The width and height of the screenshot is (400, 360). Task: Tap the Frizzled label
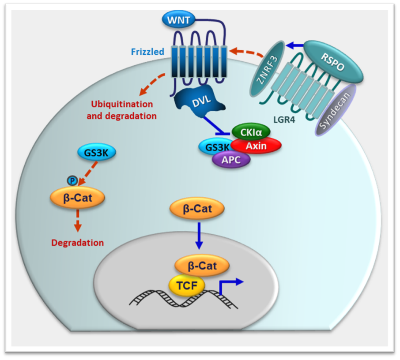tap(147, 52)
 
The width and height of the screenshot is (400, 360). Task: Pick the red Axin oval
tap(256, 146)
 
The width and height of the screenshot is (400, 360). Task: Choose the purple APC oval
tap(231, 160)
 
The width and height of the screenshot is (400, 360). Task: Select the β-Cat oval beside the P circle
tap(78, 198)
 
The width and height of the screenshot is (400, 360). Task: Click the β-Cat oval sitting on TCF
tap(202, 266)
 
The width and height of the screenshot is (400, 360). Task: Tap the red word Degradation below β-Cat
tap(78, 243)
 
